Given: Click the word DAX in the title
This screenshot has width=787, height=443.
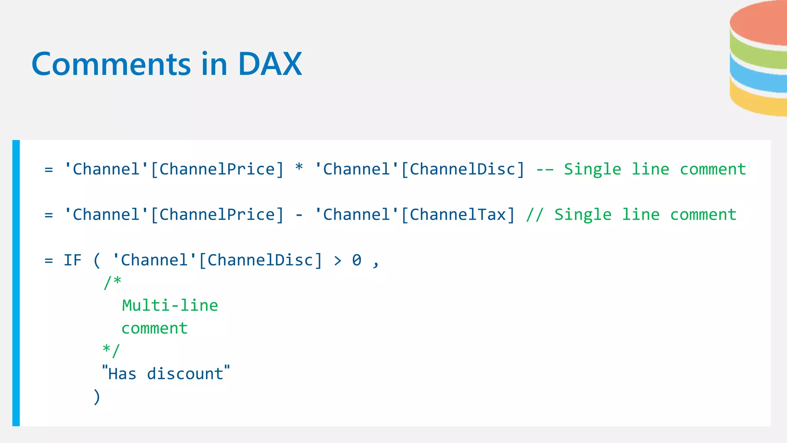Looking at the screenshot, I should (270, 64).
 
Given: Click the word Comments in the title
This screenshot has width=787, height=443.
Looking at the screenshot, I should (111, 64).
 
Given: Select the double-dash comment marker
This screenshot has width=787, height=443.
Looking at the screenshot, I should (545, 170).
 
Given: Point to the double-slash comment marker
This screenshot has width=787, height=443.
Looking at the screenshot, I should (535, 215).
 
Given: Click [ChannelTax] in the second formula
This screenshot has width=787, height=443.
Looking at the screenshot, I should (458, 215).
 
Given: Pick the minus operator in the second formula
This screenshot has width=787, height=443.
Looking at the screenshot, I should (299, 215).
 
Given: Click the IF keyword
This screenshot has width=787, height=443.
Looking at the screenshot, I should (73, 260).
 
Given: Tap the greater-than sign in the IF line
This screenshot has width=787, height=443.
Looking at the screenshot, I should (338, 261).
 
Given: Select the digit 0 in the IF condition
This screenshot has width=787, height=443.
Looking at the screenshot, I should (357, 260).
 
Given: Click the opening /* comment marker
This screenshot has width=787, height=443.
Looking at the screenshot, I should (112, 282).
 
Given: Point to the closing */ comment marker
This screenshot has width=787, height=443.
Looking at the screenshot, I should (111, 350).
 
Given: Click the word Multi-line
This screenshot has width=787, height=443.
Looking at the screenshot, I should (170, 306).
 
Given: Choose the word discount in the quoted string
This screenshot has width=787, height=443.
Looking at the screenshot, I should (185, 374).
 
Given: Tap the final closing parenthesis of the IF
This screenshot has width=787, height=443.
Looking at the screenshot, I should (97, 396).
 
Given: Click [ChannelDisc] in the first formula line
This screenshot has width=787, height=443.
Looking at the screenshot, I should (463, 170).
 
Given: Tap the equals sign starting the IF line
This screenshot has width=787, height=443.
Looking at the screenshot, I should (48, 261).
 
